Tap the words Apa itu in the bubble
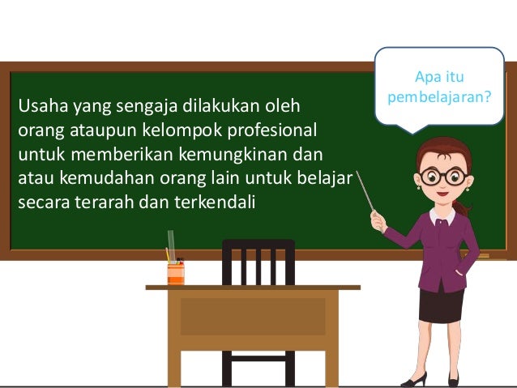(x=440, y=78)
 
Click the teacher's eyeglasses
(x=442, y=176)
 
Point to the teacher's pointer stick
(x=365, y=191)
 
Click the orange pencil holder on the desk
(x=176, y=273)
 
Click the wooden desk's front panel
(x=253, y=316)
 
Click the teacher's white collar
(x=442, y=216)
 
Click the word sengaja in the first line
(x=123, y=106)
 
